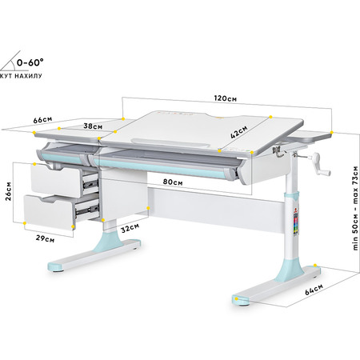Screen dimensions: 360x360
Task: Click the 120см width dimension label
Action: pos(226,98)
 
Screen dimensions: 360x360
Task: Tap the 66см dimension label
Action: pos(42,120)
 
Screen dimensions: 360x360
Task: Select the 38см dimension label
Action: pos(93,126)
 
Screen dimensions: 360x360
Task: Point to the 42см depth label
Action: pos(238,132)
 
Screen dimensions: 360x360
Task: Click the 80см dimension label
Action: pos(173,182)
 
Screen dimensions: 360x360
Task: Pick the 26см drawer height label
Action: pos(8,191)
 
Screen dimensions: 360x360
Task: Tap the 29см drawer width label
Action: pos(45,238)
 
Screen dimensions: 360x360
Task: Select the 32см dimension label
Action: pos(130,228)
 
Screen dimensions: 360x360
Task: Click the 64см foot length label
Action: pos(314,290)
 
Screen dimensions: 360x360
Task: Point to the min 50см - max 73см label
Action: pos(355,208)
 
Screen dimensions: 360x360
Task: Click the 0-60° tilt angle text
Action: pos(30,62)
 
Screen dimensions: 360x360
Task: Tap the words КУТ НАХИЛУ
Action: pos(21,76)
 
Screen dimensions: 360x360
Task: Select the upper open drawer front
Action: pos(56,182)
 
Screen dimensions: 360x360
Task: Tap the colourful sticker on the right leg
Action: pos(296,222)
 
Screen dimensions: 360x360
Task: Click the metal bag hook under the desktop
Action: pos(278,152)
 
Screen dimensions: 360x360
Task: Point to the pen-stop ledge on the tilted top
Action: pos(171,142)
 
